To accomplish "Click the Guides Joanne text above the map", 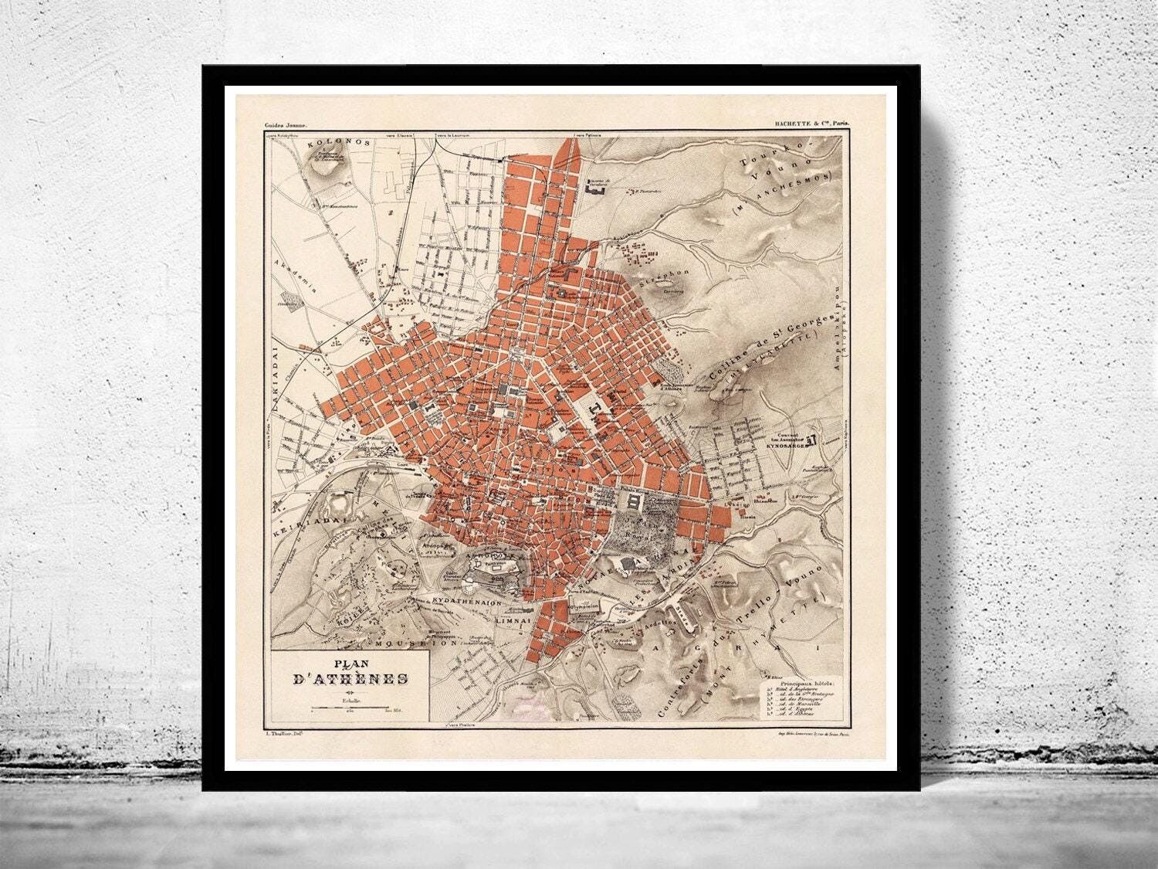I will point(286,124).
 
